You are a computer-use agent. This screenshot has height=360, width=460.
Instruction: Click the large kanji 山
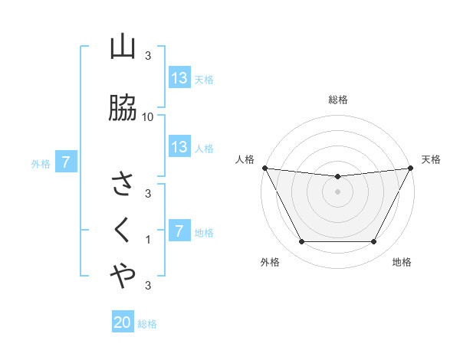[123, 48]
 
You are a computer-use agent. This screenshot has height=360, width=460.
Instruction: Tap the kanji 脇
[123, 110]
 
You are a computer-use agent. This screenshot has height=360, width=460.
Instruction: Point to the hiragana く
[123, 230]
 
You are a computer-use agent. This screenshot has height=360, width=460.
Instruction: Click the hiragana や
[123, 277]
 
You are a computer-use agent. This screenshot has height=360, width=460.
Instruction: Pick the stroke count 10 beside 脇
[149, 116]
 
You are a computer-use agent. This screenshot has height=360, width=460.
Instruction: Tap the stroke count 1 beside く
[149, 240]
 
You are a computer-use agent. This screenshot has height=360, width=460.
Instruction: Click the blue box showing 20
[123, 323]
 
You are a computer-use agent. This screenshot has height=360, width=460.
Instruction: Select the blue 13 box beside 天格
[179, 78]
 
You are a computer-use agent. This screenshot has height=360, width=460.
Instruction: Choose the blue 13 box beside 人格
[179, 147]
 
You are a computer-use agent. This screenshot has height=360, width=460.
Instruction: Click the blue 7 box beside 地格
[179, 231]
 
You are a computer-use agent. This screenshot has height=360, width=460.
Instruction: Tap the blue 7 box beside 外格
[67, 162]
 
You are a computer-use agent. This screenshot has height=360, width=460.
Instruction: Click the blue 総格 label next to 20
[147, 324]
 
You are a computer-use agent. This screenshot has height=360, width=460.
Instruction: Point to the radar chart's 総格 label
[338, 100]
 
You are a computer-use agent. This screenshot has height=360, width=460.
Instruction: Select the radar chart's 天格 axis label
[432, 159]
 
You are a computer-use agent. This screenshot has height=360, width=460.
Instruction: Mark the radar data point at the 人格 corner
[264, 168]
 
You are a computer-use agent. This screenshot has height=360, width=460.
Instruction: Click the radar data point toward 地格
[374, 242]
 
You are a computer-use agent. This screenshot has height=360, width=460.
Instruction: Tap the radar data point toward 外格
[301, 242]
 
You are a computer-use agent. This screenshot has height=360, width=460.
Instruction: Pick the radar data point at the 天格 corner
[411, 168]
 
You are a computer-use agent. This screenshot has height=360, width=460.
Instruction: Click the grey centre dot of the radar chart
[338, 191]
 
